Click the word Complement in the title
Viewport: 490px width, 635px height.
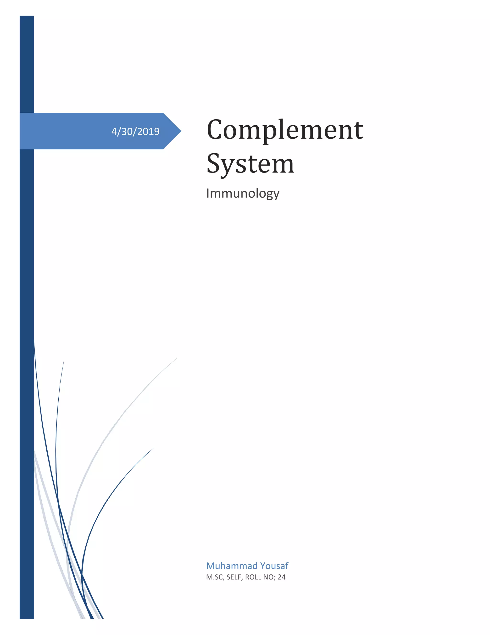pos(285,130)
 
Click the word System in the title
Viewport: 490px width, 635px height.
pos(250,164)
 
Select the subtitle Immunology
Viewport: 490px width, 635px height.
pos(243,193)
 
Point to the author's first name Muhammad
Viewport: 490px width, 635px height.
pos(232,566)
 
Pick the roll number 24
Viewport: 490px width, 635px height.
pos(282,577)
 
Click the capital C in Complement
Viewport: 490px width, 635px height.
pos(215,130)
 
